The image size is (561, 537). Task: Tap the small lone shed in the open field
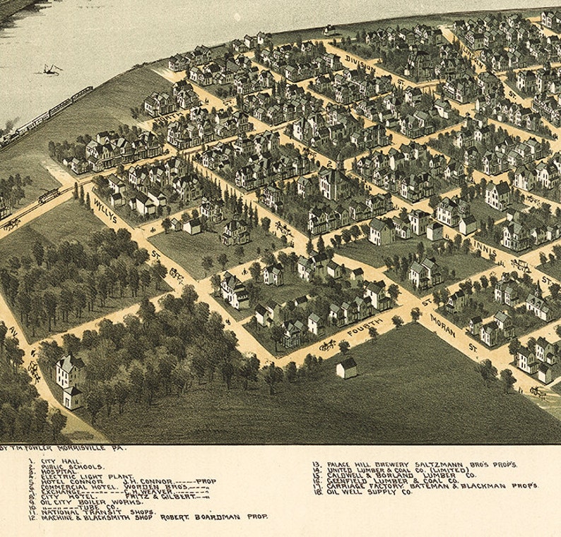pyautogui.click(x=346, y=367)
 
